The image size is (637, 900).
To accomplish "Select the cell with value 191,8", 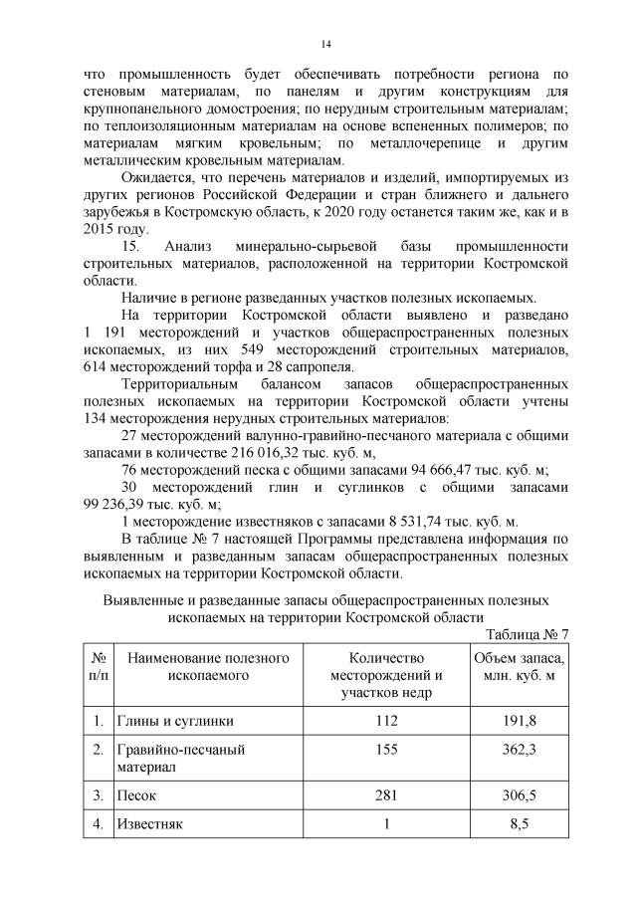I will tap(517, 720).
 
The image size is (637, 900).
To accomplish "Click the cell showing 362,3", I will tap(517, 749).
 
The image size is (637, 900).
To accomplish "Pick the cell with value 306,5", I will tap(517, 796).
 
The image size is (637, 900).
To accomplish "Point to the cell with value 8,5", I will tap(517, 824).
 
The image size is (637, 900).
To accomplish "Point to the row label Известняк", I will tap(151, 824).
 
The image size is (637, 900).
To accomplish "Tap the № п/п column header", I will tap(99, 667).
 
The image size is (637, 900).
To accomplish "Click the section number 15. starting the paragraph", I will tap(131, 245).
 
